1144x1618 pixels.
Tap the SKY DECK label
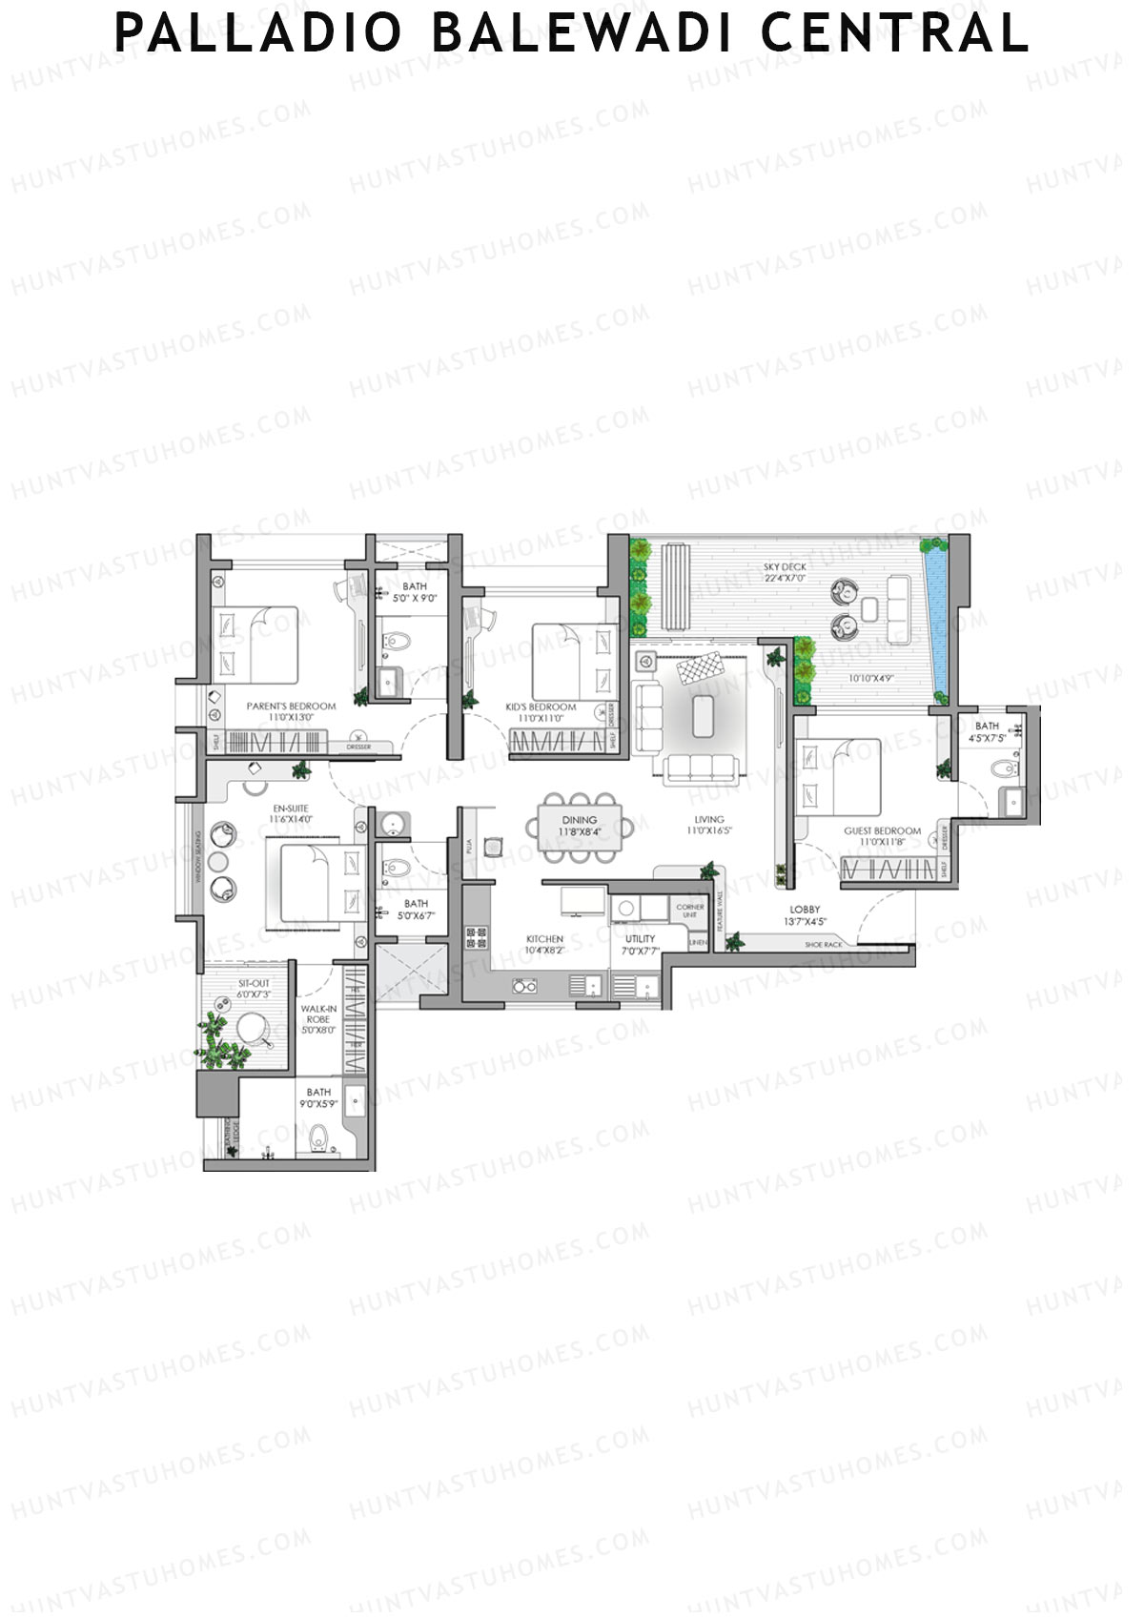click(785, 567)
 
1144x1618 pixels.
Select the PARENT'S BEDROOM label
click(291, 707)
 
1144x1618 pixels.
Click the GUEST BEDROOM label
click(882, 831)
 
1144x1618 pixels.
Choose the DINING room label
click(579, 820)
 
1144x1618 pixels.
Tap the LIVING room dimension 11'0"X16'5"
click(708, 831)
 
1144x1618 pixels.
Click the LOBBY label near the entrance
click(805, 910)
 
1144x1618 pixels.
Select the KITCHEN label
click(544, 939)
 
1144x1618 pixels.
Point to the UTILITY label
click(640, 939)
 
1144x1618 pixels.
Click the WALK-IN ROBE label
click(318, 1014)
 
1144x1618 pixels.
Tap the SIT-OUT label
click(254, 983)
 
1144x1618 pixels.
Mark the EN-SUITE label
click(290, 809)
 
